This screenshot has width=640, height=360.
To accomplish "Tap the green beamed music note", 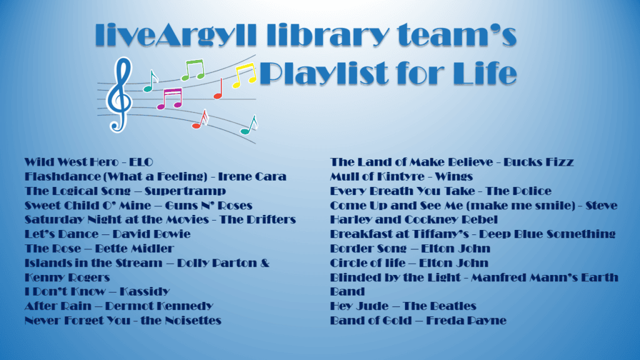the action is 192,70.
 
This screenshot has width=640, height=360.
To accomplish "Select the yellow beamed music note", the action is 244,76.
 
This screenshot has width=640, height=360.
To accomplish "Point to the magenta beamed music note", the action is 169,99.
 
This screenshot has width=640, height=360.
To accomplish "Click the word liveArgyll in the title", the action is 176,36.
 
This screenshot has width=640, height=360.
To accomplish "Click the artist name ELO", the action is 141,162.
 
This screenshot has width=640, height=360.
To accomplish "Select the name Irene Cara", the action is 252,177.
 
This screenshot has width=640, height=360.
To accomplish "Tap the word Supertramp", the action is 185,191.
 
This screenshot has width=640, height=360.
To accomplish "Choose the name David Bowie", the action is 151,234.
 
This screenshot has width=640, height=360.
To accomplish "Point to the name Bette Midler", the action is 134,249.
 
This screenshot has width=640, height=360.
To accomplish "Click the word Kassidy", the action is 144,291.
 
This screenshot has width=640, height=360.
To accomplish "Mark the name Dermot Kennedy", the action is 159,306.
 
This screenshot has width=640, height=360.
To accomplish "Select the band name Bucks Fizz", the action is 538,162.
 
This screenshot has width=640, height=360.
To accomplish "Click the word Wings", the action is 454,177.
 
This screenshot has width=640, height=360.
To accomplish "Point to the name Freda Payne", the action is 466,321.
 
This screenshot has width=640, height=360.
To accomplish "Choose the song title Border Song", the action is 368,249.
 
